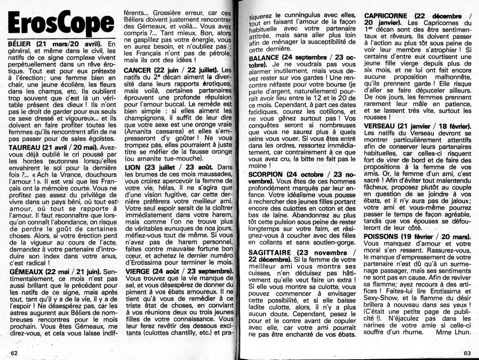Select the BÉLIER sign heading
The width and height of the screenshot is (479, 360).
pos(20,44)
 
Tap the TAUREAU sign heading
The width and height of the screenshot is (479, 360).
pos(24,147)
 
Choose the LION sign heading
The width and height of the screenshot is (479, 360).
pos(133,167)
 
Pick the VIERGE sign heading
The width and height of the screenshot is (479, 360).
pos(138,271)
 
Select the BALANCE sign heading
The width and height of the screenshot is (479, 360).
pos(264,58)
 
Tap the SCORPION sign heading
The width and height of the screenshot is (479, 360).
pos(265,175)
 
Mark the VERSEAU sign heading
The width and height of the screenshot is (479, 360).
pos(379,126)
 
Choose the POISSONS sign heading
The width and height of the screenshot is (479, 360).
pos(381,237)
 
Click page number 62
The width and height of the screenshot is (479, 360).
pos(14,353)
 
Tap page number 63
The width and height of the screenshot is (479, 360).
pos(467,353)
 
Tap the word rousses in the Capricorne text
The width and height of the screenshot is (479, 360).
pos(375,117)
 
